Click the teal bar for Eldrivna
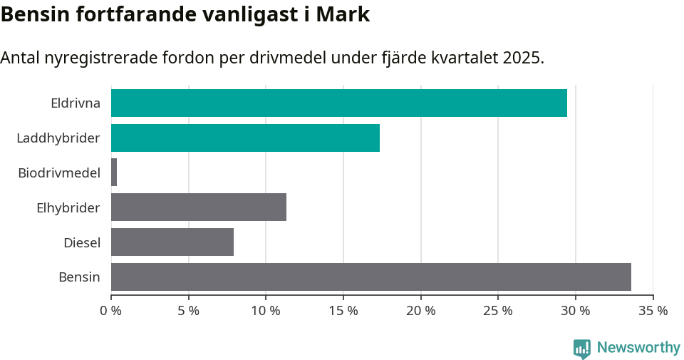339,103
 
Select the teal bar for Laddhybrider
245,138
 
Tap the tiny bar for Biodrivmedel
114,173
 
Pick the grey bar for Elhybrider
199,207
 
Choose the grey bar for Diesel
172,242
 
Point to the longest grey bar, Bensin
371,277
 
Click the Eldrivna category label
76,103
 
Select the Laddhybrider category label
58,138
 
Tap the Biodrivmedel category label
59,173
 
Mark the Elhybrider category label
68,207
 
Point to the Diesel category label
82,242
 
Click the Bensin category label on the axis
79,277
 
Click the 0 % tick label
111,311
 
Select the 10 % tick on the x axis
266,311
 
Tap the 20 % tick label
421,311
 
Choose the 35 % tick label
653,311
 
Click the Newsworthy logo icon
582,348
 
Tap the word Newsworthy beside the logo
638,348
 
